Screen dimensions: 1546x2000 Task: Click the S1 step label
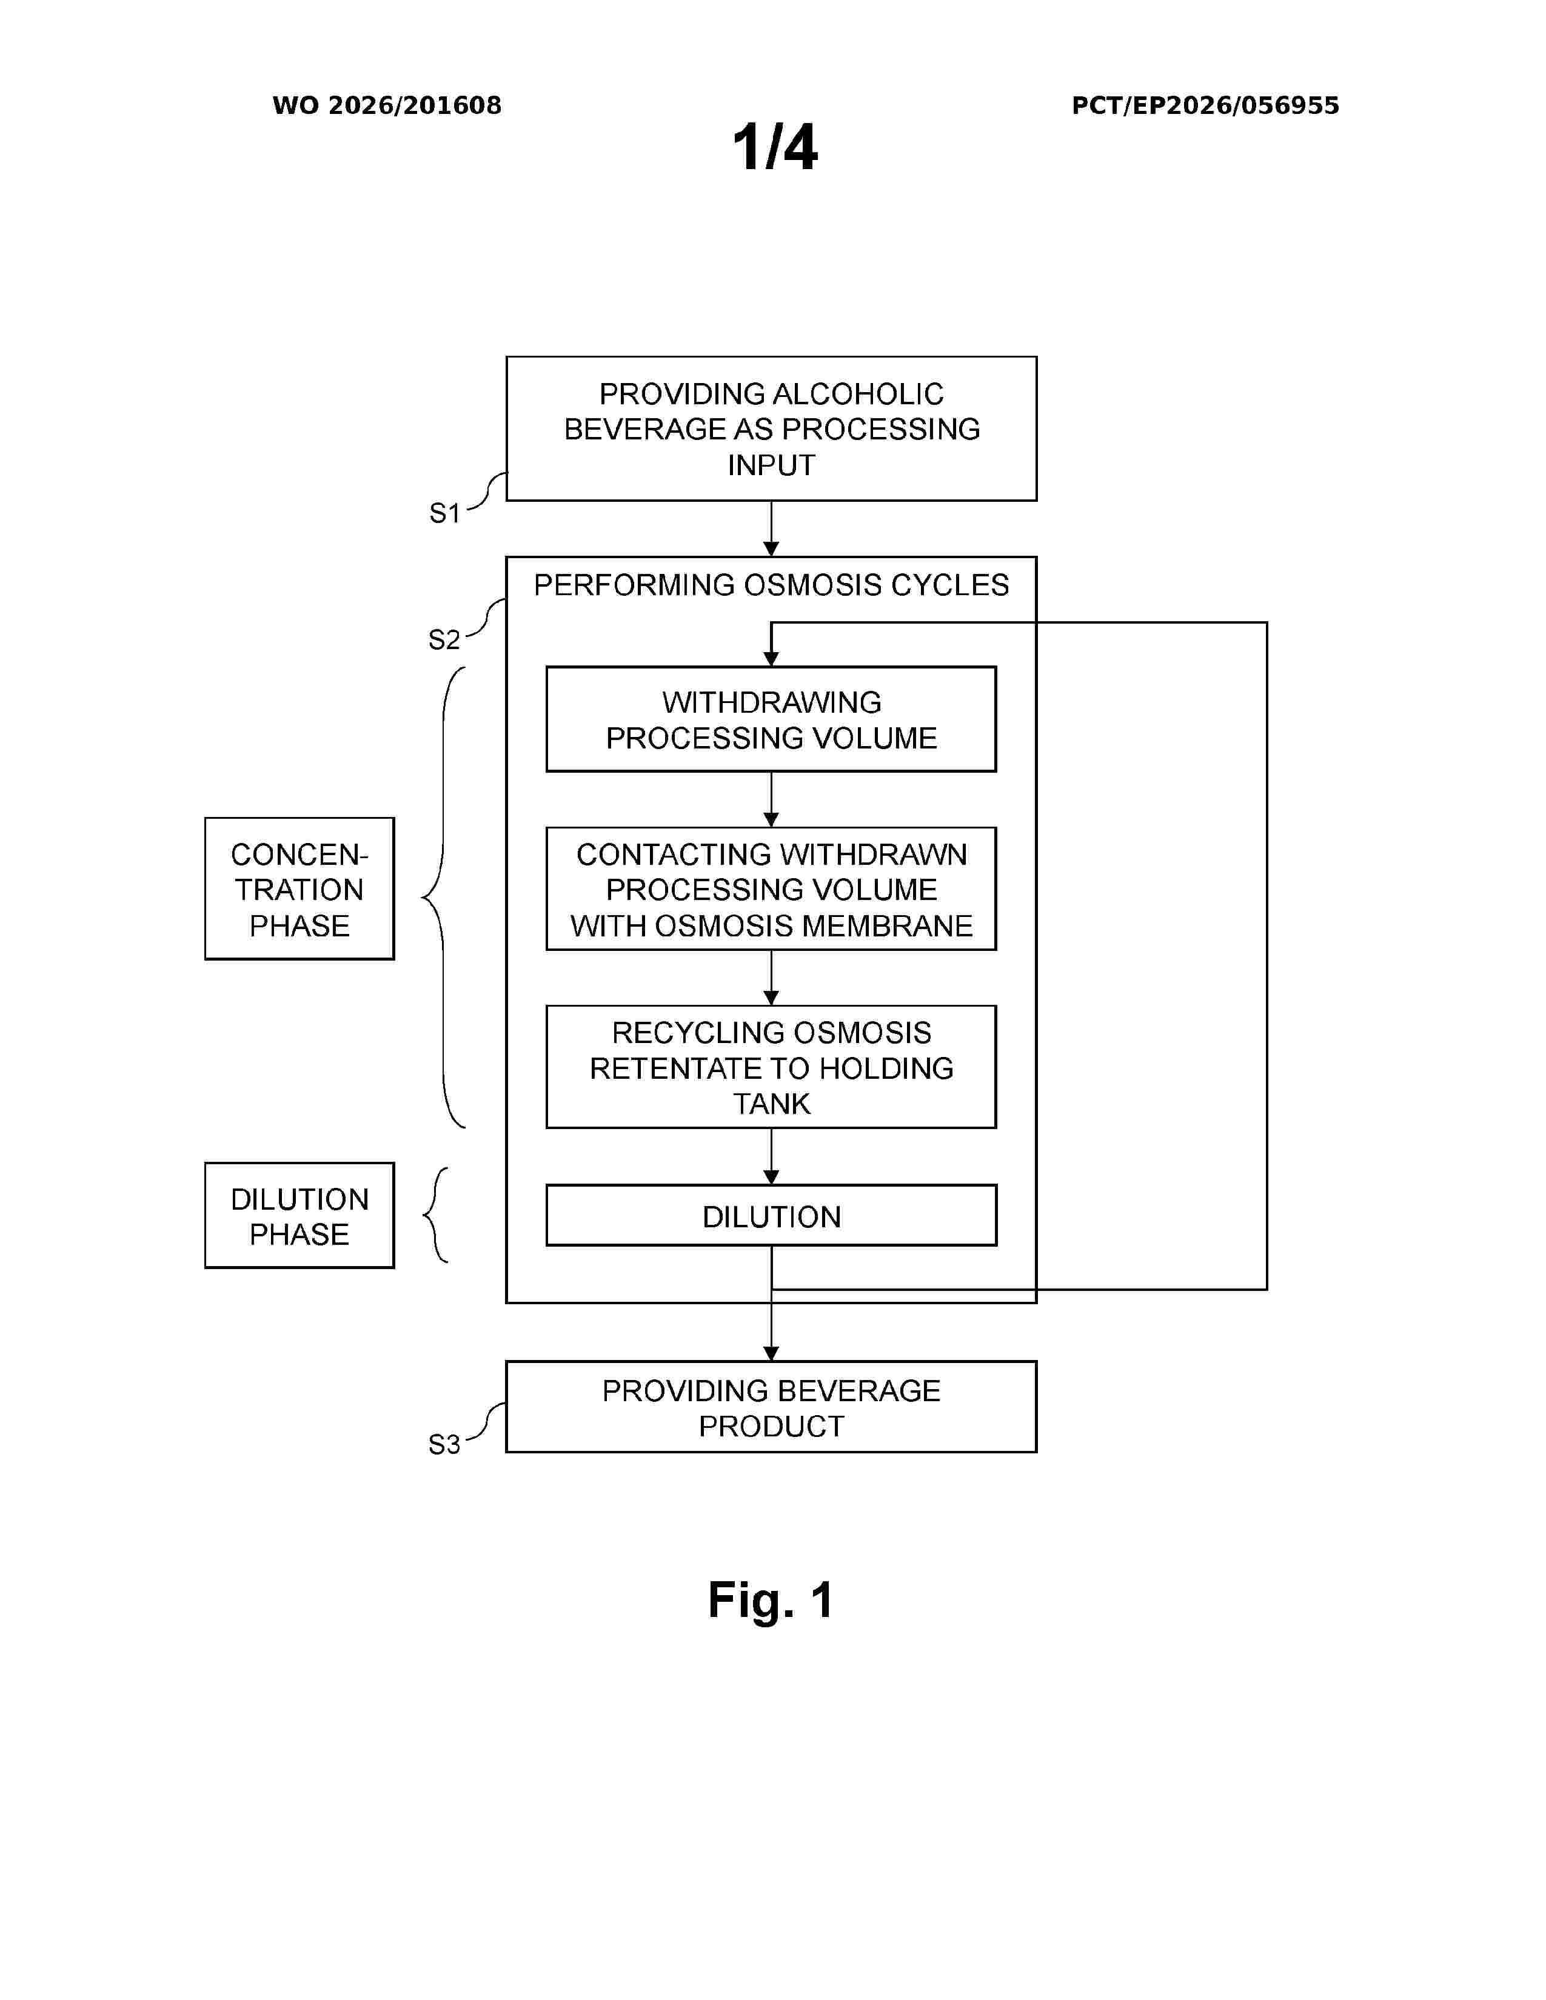(445, 513)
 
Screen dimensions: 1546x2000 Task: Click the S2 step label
(444, 639)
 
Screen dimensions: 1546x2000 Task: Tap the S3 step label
(444, 1444)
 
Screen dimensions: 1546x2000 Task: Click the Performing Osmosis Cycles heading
(771, 585)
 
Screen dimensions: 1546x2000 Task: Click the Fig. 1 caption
(771, 1601)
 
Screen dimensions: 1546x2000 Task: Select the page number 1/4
(775, 147)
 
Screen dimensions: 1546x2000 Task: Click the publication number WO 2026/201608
(387, 105)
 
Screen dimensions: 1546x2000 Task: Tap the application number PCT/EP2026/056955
(1205, 105)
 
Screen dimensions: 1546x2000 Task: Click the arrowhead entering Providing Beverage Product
(771, 1353)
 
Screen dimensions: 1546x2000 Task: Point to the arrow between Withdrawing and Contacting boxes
(771, 799)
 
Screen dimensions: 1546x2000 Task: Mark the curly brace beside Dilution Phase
(436, 1215)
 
